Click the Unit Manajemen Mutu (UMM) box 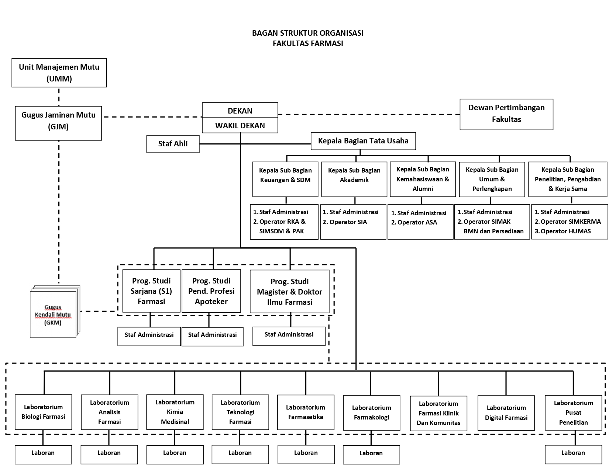coord(59,73)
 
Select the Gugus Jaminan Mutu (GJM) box coord(58,123)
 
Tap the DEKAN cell coord(240,110)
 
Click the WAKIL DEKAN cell coord(240,125)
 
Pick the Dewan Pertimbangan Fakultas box coord(506,114)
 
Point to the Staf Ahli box coord(173,144)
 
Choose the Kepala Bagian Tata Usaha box coord(363,141)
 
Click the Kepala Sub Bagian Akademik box coord(354,179)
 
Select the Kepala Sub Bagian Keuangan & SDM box coord(285,179)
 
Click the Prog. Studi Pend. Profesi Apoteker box coord(211,291)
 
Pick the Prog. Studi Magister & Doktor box coord(289,292)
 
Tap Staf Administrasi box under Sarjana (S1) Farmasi coord(149,336)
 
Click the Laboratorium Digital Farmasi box coord(506,413)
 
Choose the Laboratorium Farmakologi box coord(372,412)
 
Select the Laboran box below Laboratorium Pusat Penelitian coord(574,454)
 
